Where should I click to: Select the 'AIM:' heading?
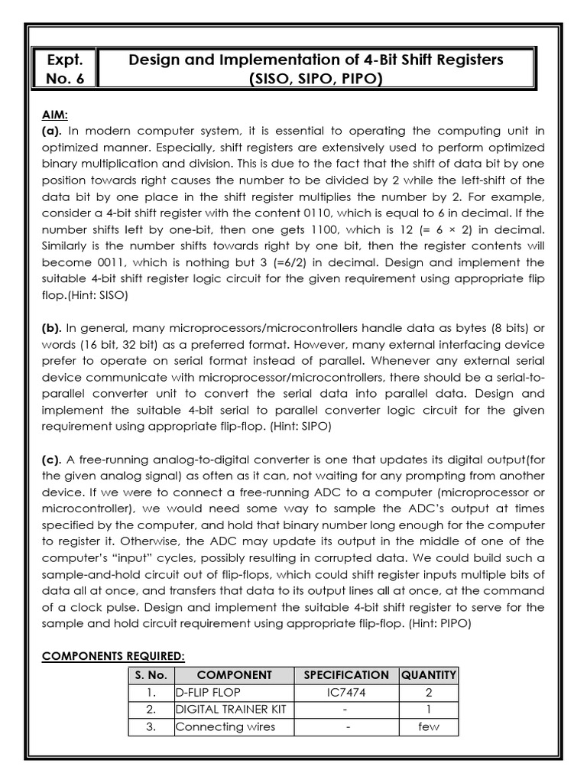tap(55, 114)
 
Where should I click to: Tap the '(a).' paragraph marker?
tap(52, 130)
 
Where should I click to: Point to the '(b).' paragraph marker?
tap(53, 328)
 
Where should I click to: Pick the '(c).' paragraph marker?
tap(52, 459)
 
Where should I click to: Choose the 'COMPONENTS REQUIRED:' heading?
tap(113, 656)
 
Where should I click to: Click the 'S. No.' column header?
tap(151, 675)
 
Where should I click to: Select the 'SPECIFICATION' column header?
tap(346, 675)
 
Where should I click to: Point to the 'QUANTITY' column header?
tap(429, 675)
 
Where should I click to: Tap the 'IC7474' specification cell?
tap(346, 692)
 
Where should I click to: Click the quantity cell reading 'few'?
tap(429, 726)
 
